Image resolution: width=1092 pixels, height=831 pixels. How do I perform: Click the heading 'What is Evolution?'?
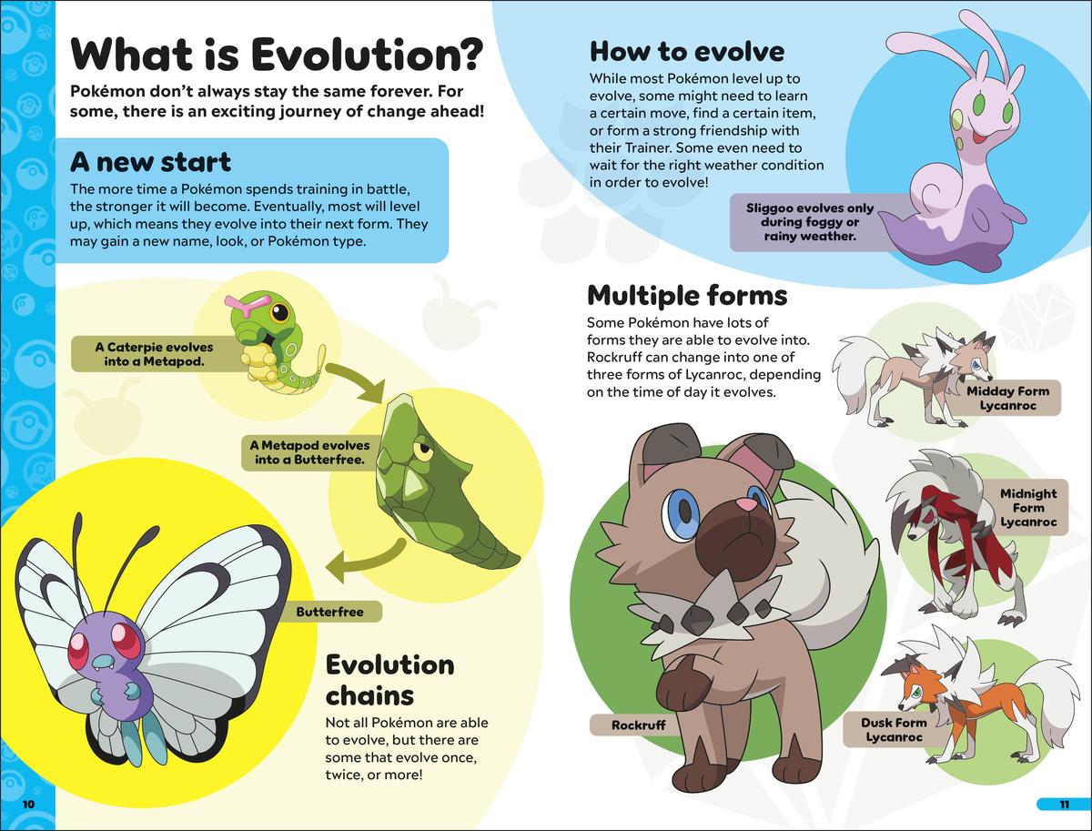click(277, 55)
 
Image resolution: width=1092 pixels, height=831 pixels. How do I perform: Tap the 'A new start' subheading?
click(151, 162)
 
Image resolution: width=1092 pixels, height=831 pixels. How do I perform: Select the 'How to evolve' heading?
click(687, 52)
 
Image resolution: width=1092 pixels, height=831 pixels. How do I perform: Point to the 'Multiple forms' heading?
click(687, 296)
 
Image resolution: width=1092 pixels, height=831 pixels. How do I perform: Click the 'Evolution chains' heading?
click(389, 680)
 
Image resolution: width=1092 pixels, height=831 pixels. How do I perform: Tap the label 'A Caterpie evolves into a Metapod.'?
click(154, 354)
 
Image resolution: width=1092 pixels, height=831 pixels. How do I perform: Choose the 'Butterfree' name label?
click(329, 612)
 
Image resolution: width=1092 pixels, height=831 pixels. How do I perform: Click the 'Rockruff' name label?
click(638, 725)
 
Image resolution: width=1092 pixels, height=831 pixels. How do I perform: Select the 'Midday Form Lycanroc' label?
click(1008, 398)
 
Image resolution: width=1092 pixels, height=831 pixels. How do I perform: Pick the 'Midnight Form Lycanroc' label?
click(1028, 508)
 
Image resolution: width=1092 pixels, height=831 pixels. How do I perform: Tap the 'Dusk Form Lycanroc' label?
click(894, 729)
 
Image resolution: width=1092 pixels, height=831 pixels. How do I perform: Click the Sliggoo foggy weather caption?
click(809, 222)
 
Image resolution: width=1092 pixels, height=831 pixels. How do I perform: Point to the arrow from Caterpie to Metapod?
click(356, 380)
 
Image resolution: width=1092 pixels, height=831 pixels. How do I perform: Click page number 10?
click(29, 805)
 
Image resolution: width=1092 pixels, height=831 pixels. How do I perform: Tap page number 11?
click(1064, 805)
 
